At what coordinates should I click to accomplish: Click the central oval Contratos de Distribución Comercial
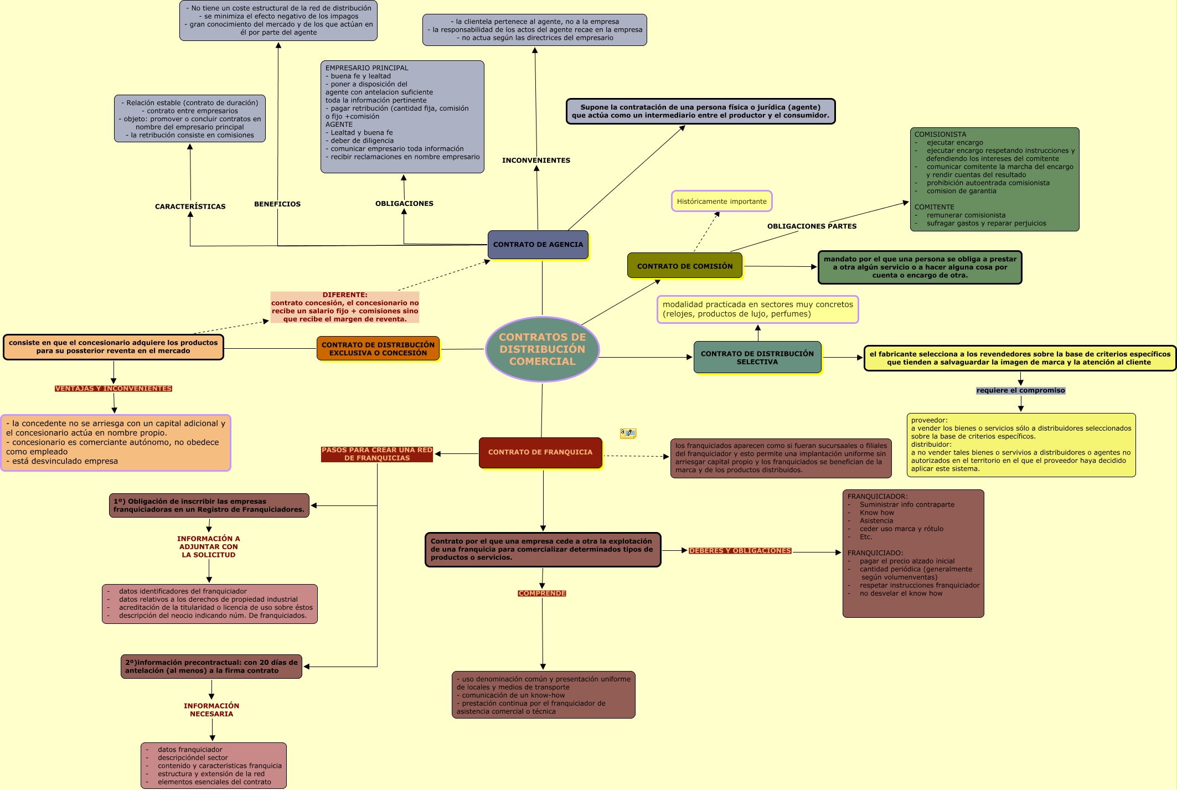(542, 349)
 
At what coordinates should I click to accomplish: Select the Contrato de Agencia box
(538, 245)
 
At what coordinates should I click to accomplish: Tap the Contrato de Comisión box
(684, 266)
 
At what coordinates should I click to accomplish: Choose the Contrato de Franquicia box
(540, 452)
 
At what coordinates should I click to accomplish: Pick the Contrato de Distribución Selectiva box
(757, 358)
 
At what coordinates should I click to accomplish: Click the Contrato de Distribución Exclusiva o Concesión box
(378, 349)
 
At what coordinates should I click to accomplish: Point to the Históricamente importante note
(721, 202)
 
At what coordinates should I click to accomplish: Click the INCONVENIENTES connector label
(536, 161)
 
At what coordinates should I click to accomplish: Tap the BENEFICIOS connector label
(277, 204)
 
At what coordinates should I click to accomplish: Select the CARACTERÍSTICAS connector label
(190, 206)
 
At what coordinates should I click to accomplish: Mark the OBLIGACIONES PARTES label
(812, 226)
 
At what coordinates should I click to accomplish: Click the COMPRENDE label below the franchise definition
(542, 593)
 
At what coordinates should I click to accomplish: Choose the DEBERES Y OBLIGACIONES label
(740, 551)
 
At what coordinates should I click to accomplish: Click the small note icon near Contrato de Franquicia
(628, 433)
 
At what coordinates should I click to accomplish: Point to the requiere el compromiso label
(1020, 390)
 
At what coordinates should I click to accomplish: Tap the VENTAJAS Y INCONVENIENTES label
(113, 389)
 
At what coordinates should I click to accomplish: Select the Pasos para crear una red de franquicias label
(377, 454)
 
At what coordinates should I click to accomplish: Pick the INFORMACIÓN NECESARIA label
(211, 710)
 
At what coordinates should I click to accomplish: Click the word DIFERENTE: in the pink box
(345, 295)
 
